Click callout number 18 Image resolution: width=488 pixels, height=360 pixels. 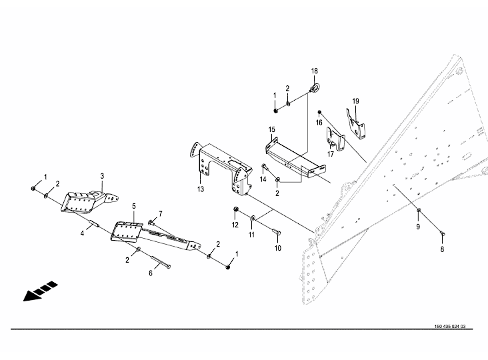tap(315, 71)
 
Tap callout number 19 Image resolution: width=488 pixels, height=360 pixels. tap(355, 101)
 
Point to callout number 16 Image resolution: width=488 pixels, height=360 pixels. tap(319, 123)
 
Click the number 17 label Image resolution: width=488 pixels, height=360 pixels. tap(331, 154)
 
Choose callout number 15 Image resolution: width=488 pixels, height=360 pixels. tap(272, 129)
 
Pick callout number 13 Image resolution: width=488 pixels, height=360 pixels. tap(201, 189)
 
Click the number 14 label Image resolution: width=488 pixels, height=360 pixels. tap(263, 179)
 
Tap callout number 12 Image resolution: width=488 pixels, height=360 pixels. tap(235, 225)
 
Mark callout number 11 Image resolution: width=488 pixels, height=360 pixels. tap(251, 235)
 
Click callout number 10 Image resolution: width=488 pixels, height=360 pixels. tap(277, 248)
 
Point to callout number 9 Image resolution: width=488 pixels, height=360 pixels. tap(418, 227)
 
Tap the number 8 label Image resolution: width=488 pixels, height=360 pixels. tap(442, 249)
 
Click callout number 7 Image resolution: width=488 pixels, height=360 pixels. tap(161, 214)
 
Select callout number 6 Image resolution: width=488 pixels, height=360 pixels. tap(151, 273)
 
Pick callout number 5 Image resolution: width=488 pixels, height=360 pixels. tap(134, 206)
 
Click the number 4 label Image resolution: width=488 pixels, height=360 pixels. tap(82, 233)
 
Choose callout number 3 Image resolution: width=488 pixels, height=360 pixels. tap(102, 176)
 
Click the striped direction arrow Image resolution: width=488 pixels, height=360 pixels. tap(41, 291)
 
